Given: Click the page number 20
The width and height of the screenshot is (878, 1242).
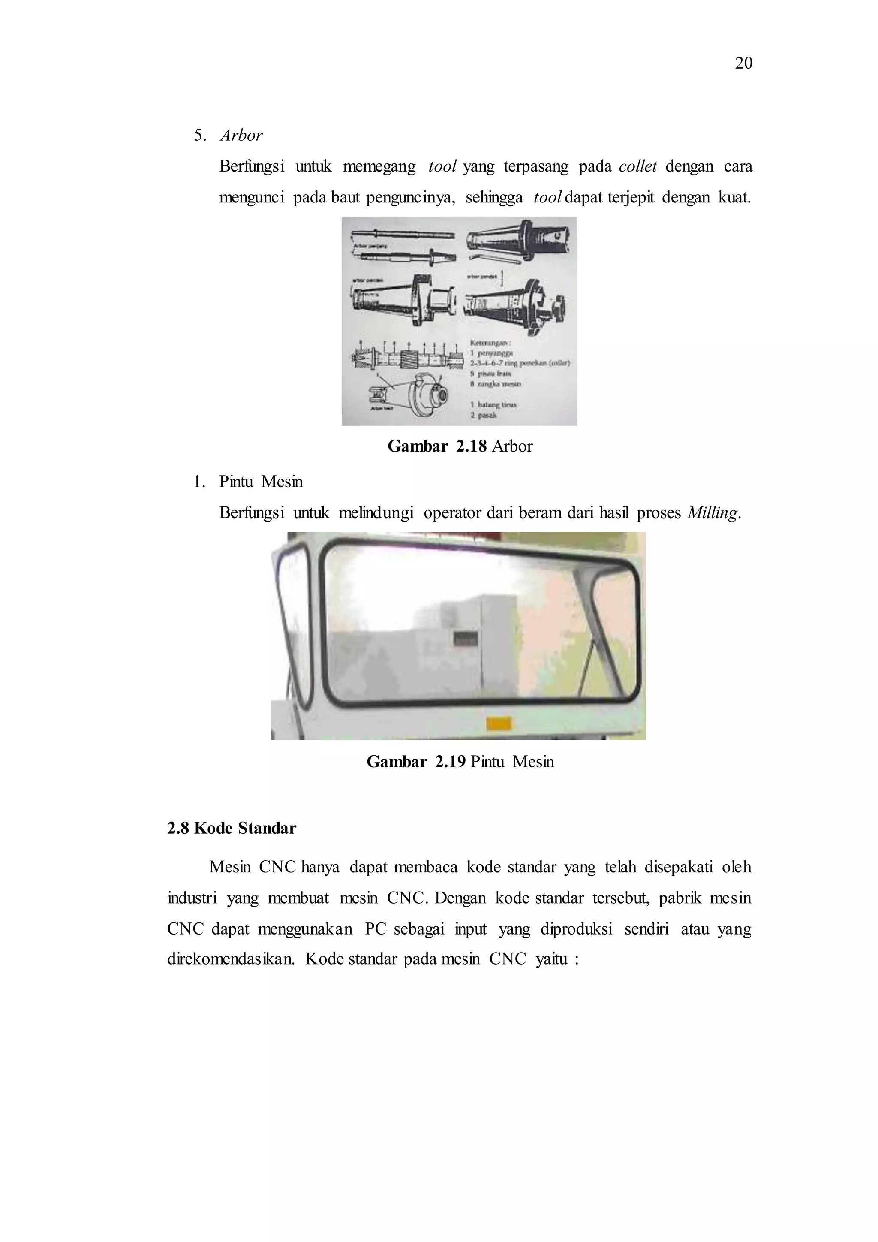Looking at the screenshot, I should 743,63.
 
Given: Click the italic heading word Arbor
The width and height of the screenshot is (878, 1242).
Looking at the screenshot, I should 241,135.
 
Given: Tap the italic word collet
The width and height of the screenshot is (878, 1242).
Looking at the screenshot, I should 637,166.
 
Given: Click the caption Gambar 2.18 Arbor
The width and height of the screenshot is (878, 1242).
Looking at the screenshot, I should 460,446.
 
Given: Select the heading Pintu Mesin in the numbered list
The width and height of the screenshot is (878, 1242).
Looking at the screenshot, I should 261,482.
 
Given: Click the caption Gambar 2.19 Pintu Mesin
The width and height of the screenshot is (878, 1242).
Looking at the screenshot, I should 460,762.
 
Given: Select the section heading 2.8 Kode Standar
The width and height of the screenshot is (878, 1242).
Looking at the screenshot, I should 232,828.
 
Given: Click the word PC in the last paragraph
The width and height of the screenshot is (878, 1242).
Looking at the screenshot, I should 374,929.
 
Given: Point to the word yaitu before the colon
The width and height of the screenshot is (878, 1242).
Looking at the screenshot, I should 551,959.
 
